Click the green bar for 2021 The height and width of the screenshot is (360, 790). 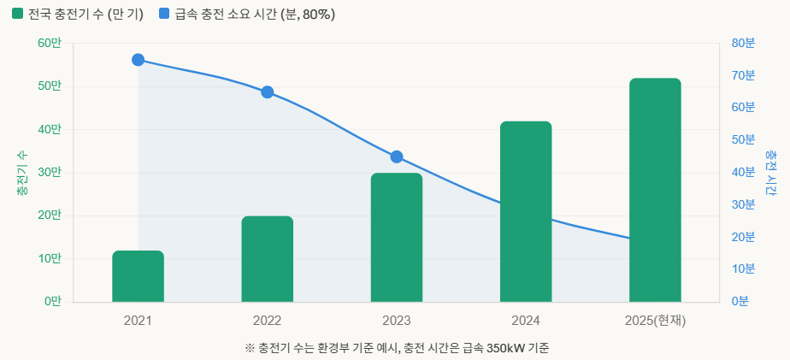pos(138,276)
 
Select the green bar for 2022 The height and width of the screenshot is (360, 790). pos(267,259)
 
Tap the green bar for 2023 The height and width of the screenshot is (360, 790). pos(397,238)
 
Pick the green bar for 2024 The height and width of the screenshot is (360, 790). pos(526,212)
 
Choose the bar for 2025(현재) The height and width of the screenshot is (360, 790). pos(655,190)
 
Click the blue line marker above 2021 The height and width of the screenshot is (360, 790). pos(138,60)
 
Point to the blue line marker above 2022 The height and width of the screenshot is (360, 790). pos(267,92)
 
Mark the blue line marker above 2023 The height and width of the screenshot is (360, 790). pos(397,156)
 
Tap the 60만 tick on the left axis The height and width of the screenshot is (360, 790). pos(50,44)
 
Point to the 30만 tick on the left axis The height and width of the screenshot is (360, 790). pos(50,173)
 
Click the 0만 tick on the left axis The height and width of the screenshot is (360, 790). pos(53,302)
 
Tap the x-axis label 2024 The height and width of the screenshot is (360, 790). pos(526,322)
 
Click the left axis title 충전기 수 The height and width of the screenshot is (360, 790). pos(21,173)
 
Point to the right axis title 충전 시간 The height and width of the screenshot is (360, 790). pos(771,173)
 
